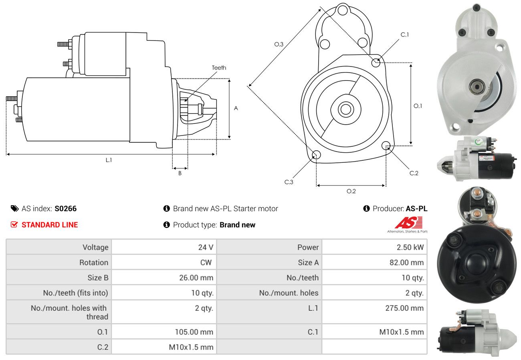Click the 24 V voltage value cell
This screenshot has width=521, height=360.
pyautogui.click(x=206, y=247)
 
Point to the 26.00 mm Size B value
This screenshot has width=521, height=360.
pyautogui.click(x=196, y=277)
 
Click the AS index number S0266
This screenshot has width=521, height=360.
pyautogui.click(x=65, y=208)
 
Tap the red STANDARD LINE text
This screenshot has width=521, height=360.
pyautogui.click(x=50, y=225)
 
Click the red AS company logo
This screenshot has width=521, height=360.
pyautogui.click(x=408, y=222)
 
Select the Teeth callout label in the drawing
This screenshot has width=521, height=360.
pyautogui.click(x=219, y=68)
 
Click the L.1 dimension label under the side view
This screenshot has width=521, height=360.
pyautogui.click(x=109, y=160)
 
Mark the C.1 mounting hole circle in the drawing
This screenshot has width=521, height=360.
pyautogui.click(x=376, y=63)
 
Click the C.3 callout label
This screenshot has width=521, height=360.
pyautogui.click(x=289, y=182)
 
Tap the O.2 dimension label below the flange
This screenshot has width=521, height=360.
pyautogui.click(x=351, y=191)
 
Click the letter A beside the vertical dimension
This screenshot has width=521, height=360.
pyautogui.click(x=236, y=108)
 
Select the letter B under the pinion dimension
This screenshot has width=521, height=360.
pyautogui.click(x=180, y=174)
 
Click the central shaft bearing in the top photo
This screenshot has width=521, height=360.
pyautogui.click(x=477, y=85)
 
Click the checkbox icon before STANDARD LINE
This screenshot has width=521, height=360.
pyautogui.click(x=14, y=225)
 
